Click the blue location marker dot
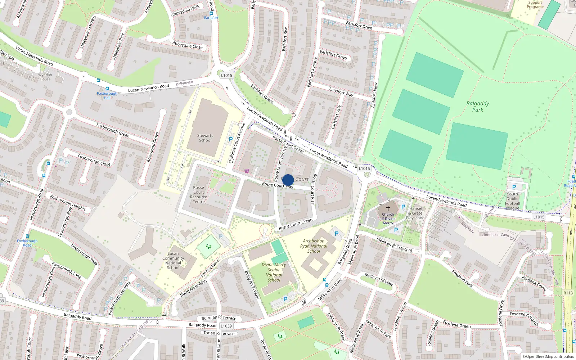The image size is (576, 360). tap(288, 180)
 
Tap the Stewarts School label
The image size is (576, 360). tap(205, 138)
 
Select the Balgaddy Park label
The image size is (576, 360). tap(478, 107)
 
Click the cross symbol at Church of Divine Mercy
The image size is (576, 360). tap(388, 208)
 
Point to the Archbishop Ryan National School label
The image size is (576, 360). tap(314, 246)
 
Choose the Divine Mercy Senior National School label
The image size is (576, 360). tap(274, 272)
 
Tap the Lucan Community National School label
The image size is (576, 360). tap(173, 261)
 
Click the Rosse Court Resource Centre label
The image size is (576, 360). tap(198, 194)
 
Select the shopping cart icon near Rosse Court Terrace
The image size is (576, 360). tap(247, 171)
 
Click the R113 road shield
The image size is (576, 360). tap(568, 293)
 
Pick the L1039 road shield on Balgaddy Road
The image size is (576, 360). tap(226, 326)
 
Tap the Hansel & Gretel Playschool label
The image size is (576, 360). tap(416, 213)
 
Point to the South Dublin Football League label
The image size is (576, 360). tap(513, 201)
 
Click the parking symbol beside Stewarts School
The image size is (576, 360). tap(231, 139)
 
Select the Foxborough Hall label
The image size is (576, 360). tap(107, 95)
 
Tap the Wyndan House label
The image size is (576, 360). tap(45, 77)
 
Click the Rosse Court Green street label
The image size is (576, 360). tap(296, 224)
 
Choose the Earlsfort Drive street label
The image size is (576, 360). tap(359, 25)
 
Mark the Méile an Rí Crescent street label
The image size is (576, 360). tap(394, 244)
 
